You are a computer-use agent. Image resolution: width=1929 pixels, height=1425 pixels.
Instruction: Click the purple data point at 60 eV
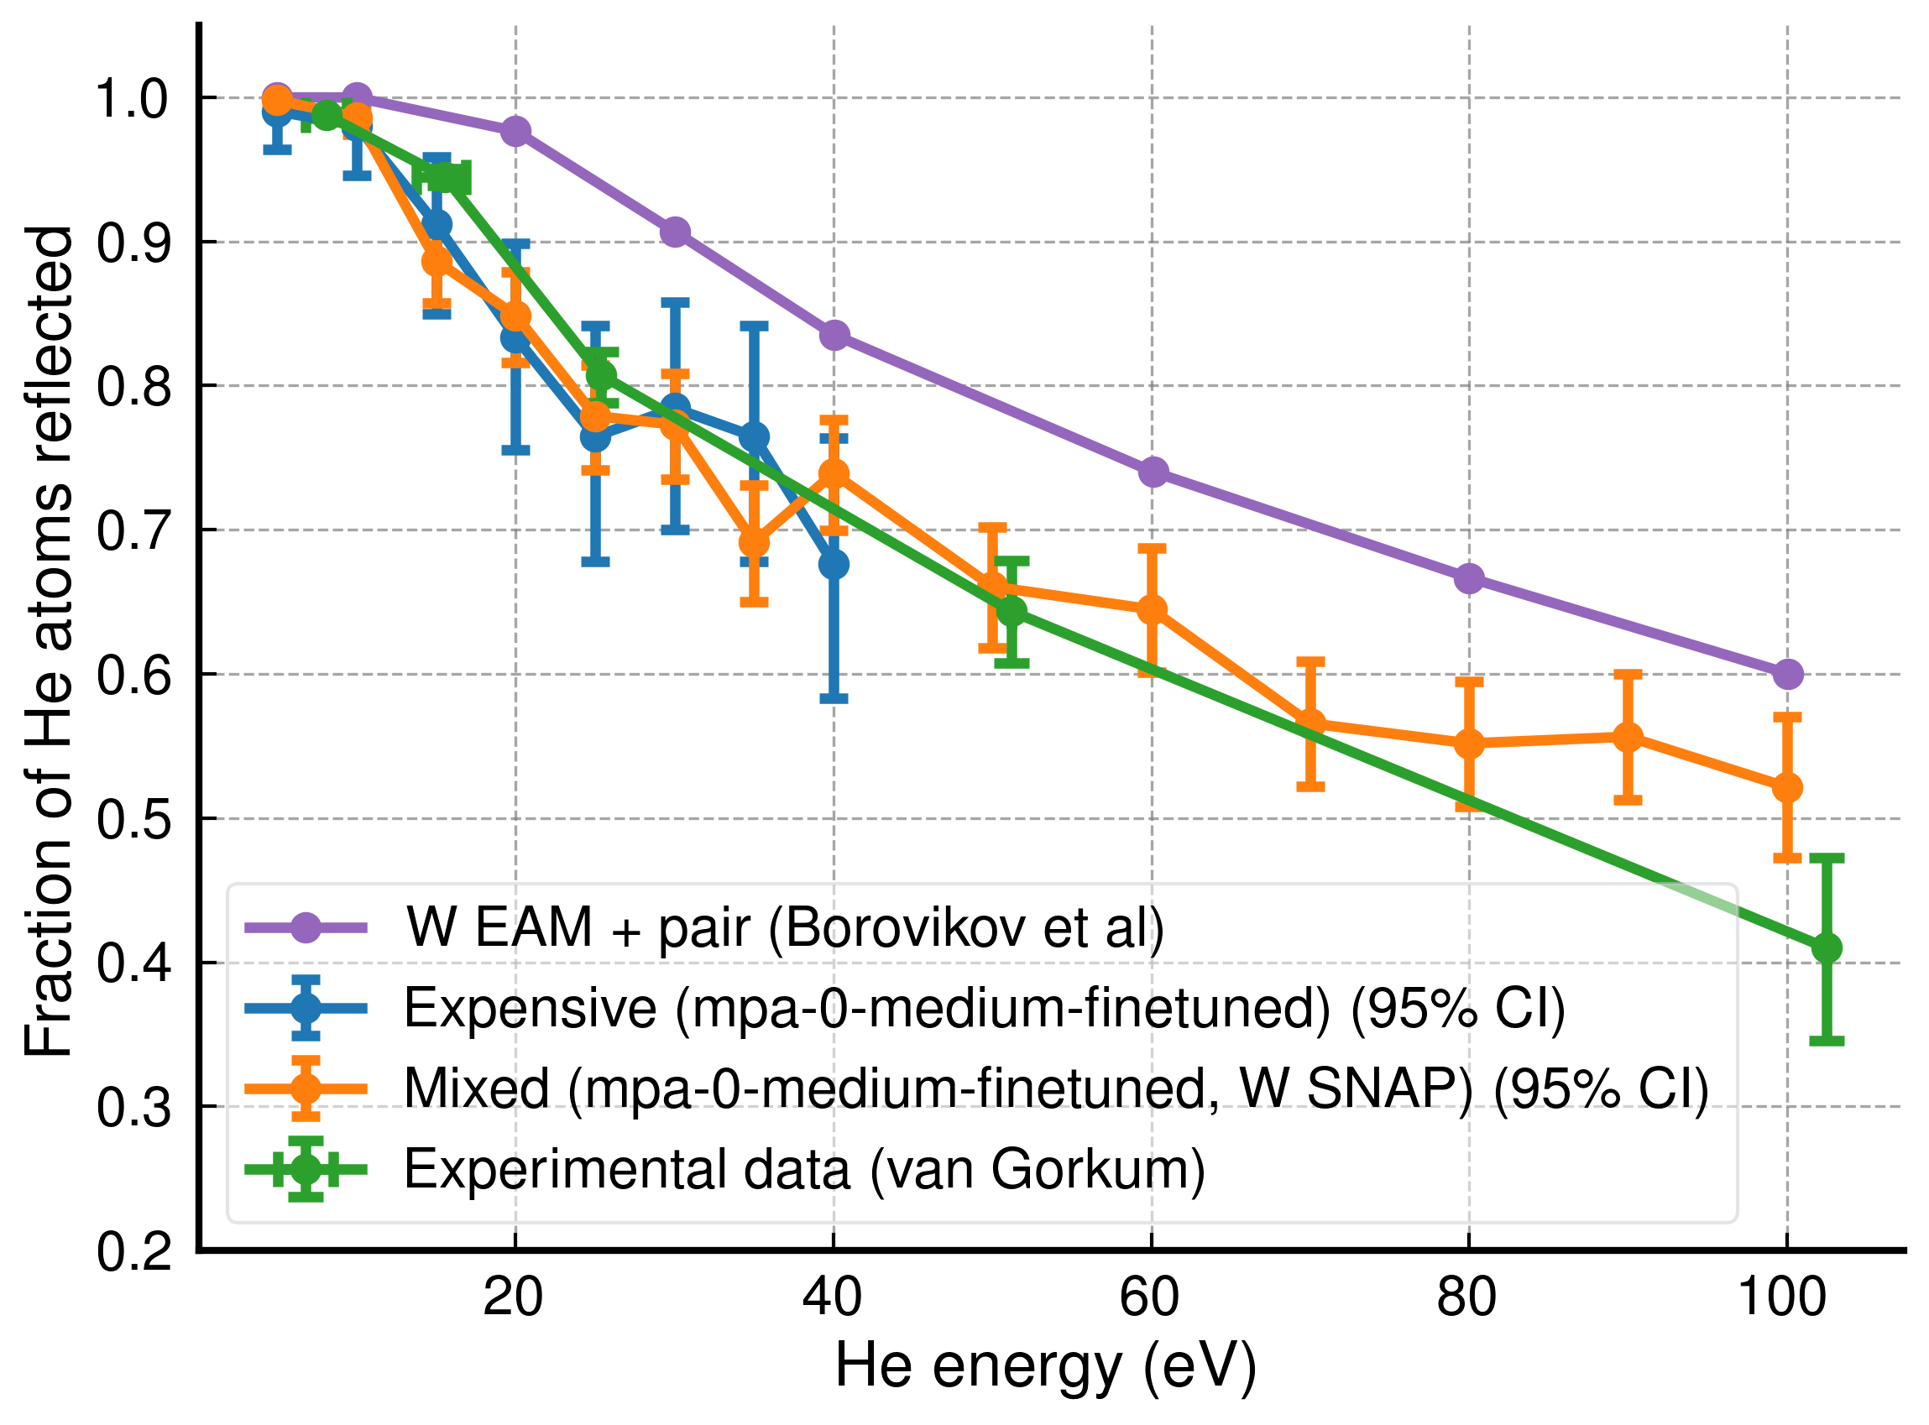(1153, 472)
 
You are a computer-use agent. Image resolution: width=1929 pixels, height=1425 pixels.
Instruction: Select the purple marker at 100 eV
(1787, 674)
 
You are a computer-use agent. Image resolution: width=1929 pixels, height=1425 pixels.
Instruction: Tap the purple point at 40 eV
(834, 335)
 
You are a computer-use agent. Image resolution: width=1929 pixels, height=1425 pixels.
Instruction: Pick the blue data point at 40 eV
(834, 565)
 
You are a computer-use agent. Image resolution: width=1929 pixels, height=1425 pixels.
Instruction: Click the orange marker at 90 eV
(1628, 737)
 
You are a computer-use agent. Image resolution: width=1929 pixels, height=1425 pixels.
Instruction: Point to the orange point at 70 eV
(1310, 723)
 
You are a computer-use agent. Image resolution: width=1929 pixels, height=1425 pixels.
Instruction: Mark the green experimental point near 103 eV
(1827, 948)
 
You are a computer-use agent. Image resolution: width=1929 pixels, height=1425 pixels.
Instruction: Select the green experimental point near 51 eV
(1012, 611)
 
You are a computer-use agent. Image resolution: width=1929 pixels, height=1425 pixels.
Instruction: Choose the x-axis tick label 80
(1468, 1297)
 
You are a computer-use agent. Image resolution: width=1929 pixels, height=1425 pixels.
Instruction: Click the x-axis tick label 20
(515, 1297)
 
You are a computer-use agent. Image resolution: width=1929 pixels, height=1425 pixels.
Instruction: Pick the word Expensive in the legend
(530, 1008)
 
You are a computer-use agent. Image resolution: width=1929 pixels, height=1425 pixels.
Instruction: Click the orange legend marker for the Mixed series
(306, 1088)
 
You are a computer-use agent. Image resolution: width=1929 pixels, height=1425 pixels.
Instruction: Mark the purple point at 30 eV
(675, 232)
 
